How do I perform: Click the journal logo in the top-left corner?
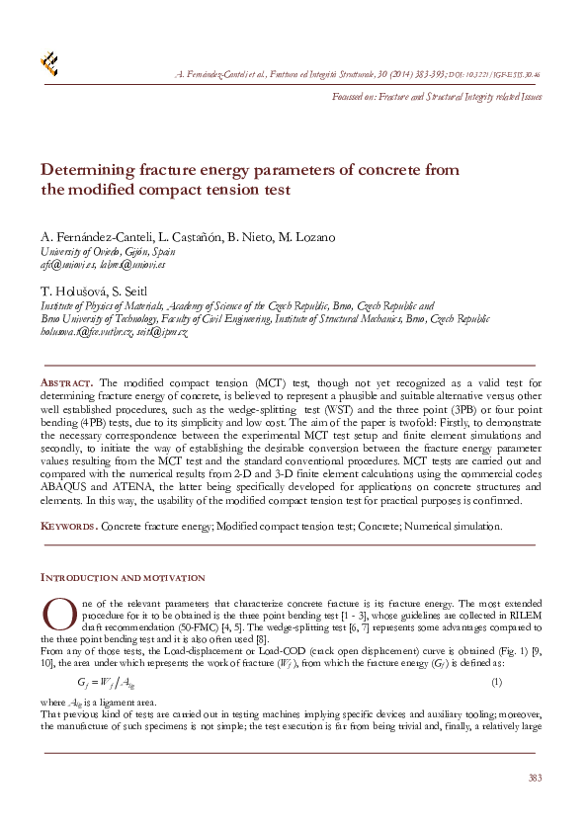click(x=48, y=64)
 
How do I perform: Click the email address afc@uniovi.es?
click(x=70, y=265)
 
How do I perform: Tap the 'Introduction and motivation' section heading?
click(x=123, y=577)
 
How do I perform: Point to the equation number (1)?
click(x=497, y=681)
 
